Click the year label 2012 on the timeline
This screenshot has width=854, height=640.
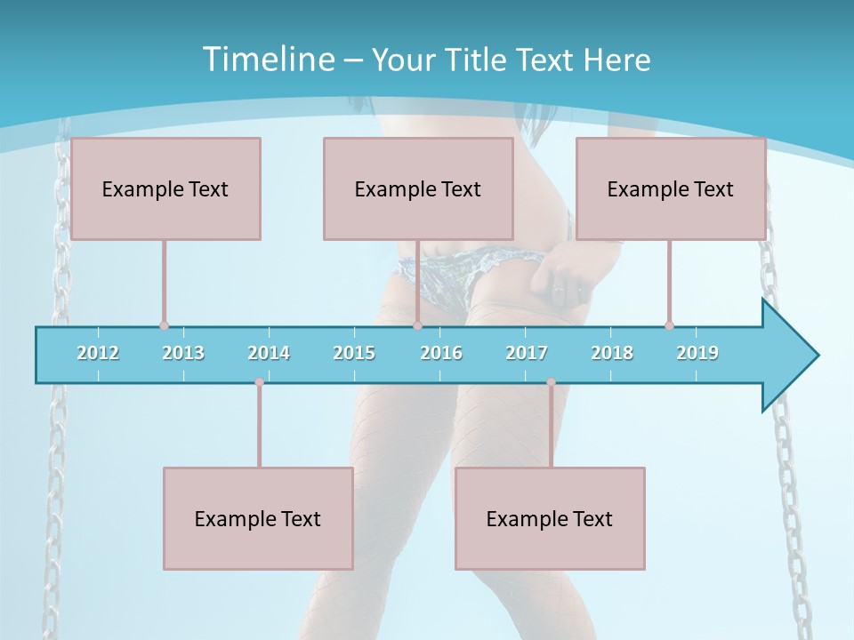(x=98, y=353)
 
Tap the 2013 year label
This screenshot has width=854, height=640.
(x=183, y=353)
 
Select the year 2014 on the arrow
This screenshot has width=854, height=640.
(x=269, y=353)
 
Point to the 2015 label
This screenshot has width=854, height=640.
(x=354, y=353)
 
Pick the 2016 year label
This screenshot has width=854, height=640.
(x=441, y=353)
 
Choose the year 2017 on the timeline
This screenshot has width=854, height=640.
(x=527, y=353)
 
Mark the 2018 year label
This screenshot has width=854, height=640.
(x=612, y=353)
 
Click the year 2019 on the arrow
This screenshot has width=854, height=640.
(x=697, y=353)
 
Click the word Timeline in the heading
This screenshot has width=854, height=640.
(x=266, y=60)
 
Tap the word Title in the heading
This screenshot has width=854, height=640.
(x=478, y=60)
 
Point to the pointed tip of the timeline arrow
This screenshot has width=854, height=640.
(x=816, y=356)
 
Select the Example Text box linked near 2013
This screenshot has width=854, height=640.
(x=165, y=188)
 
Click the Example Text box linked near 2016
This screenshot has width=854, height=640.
(x=418, y=188)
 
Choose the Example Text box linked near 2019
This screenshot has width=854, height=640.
(x=671, y=188)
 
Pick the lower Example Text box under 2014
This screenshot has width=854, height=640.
(x=258, y=518)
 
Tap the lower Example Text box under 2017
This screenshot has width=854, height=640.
(x=550, y=518)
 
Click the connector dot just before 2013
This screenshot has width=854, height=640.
(x=164, y=326)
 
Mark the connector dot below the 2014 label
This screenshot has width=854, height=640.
(x=259, y=382)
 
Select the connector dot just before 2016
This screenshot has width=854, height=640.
(x=417, y=326)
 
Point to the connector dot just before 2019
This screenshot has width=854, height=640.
(x=669, y=325)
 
